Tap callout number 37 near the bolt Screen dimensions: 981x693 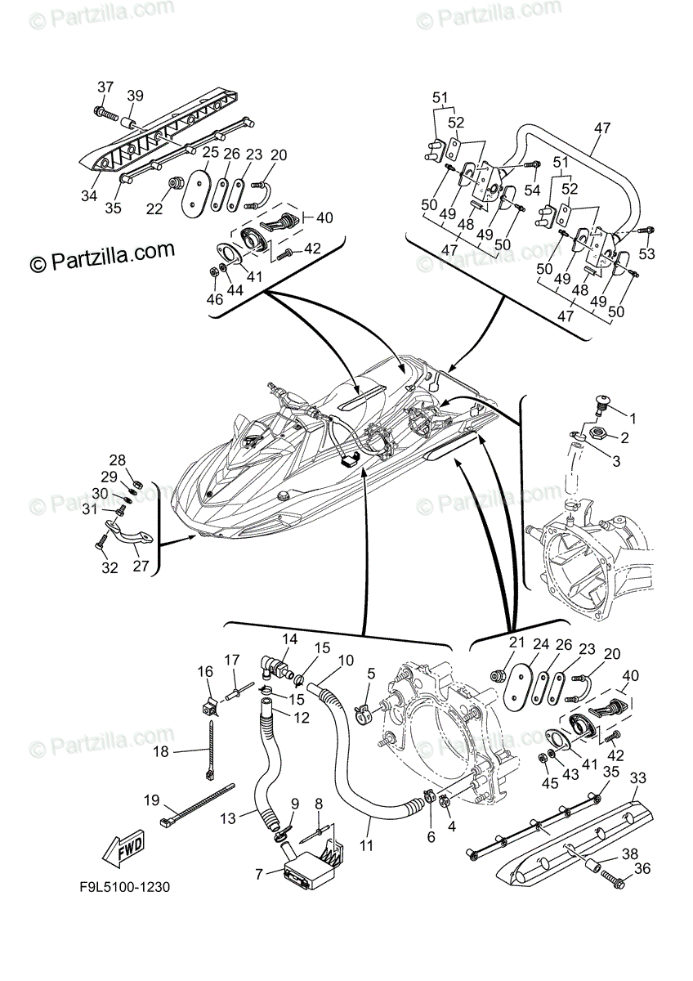coord(105,87)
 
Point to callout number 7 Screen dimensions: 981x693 coord(258,874)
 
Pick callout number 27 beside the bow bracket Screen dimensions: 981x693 coord(141,565)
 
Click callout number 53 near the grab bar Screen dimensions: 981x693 coord(647,255)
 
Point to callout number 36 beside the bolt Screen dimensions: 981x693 coord(643,869)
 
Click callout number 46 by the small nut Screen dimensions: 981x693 coord(214,300)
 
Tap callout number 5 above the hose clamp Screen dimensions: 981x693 coord(370,674)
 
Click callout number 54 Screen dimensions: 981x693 coord(533,190)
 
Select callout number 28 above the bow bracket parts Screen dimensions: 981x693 coord(118,459)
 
